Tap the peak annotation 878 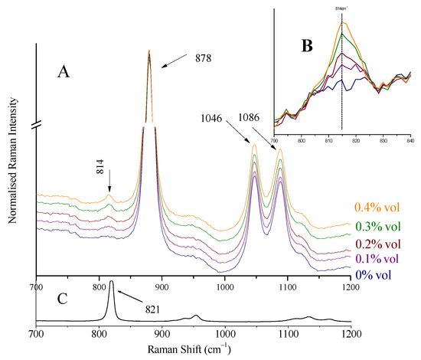[203, 57]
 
